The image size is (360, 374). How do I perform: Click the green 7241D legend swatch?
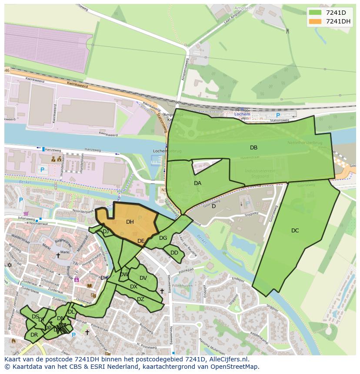tap(315, 12)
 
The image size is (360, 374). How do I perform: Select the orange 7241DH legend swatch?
tap(315, 21)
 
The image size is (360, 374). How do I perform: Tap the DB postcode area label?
tap(253, 148)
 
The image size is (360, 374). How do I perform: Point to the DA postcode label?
tap(197, 183)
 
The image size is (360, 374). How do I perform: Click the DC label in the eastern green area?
tap(295, 231)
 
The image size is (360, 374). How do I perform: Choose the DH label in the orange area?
tap(130, 222)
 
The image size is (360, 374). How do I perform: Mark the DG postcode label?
tap(163, 238)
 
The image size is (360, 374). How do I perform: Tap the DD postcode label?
tap(174, 253)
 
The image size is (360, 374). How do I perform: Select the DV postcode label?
tap(143, 278)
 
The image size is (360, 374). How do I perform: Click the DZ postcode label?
tap(140, 299)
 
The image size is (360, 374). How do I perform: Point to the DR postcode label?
tap(34, 335)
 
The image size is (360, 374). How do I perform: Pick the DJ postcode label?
tap(106, 232)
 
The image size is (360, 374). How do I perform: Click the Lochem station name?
tap(242, 114)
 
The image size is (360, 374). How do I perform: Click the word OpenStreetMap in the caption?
tap(233, 367)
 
